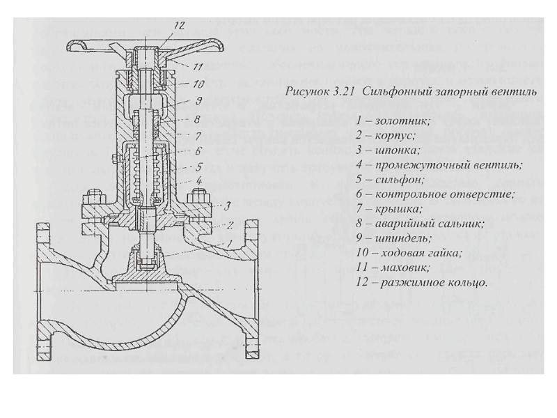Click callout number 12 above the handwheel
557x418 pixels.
(179, 26)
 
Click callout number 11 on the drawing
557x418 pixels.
(198, 67)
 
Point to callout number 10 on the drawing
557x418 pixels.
(198, 84)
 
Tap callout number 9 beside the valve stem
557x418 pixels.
(198, 102)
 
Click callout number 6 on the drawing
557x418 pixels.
(198, 150)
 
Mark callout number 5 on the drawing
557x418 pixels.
(198, 167)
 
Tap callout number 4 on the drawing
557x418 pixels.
(198, 180)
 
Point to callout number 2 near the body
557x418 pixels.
(227, 224)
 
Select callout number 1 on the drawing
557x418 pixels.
(222, 242)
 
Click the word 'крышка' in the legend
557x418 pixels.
(400, 208)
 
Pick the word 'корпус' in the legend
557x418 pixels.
(397, 135)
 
